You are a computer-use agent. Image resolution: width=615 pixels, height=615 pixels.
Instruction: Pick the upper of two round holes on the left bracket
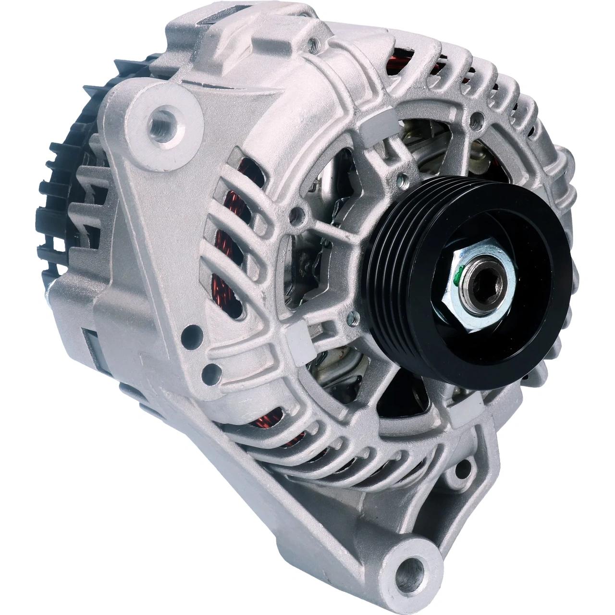point(193,331)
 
